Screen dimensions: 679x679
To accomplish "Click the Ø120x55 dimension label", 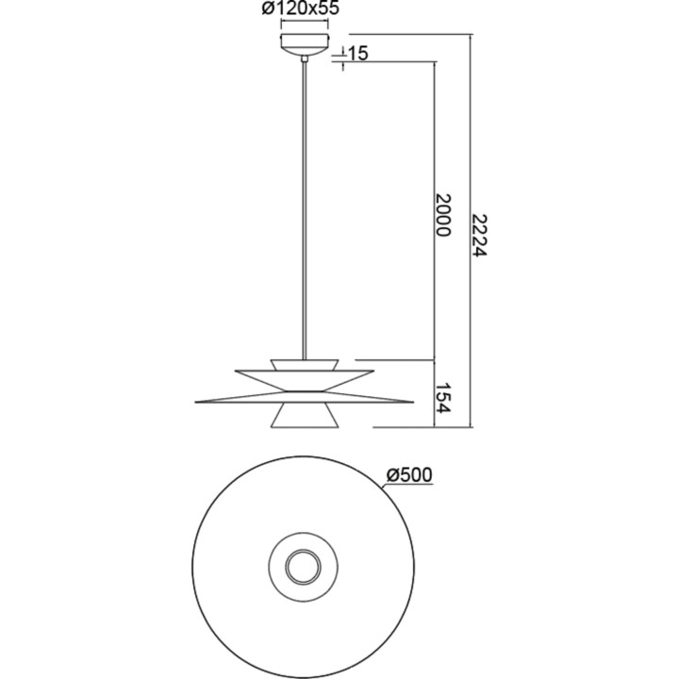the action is (301, 8).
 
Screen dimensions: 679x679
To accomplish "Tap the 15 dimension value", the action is (357, 53).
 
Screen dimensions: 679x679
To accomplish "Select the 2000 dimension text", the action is (443, 215).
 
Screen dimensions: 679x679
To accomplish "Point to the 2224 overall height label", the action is (479, 235).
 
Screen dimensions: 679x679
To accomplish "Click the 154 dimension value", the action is (443, 398).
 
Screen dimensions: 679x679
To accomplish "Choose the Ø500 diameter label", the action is (409, 475).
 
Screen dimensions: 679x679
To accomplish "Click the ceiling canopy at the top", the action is (305, 44).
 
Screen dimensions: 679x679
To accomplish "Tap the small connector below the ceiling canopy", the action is (305, 58).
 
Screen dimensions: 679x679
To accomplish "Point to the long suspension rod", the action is (305, 210).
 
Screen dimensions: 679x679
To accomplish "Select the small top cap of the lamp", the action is (305, 365).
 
